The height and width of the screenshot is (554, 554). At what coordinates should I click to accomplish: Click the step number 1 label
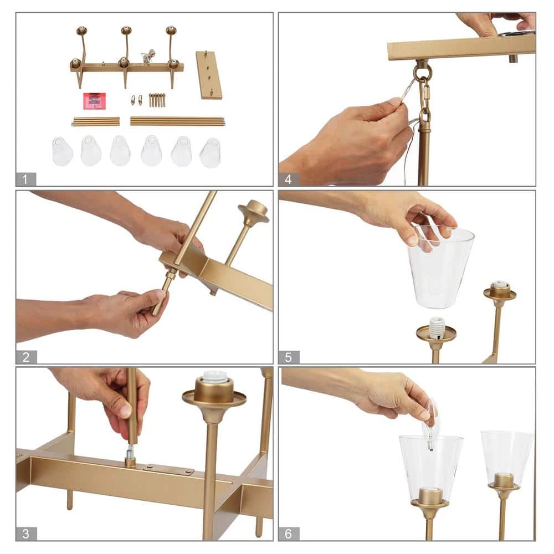(25, 179)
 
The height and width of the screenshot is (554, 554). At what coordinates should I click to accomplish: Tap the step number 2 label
(26, 357)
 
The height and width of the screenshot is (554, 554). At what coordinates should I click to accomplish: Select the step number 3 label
(26, 534)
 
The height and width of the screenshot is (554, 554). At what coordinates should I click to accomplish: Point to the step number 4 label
(288, 179)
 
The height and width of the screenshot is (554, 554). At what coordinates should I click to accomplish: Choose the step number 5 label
(289, 357)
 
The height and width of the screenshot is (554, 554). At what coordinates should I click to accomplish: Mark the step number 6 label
(289, 534)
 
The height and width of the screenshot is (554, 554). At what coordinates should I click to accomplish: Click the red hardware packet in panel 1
(94, 101)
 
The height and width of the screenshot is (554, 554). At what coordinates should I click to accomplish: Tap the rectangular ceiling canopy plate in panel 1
(210, 75)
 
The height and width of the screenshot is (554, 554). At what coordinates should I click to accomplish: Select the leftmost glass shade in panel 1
(63, 151)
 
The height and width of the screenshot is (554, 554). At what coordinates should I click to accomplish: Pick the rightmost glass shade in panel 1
(210, 153)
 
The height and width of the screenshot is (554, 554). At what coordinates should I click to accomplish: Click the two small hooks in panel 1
(137, 100)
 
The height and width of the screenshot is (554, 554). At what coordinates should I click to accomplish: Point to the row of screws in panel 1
(157, 100)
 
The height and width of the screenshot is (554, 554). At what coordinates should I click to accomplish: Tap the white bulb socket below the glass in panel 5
(437, 327)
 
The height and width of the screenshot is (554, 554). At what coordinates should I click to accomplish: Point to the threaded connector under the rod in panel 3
(130, 454)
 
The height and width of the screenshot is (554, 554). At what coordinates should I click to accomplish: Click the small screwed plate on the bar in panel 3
(168, 469)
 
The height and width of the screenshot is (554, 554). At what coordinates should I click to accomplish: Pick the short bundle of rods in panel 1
(96, 121)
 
